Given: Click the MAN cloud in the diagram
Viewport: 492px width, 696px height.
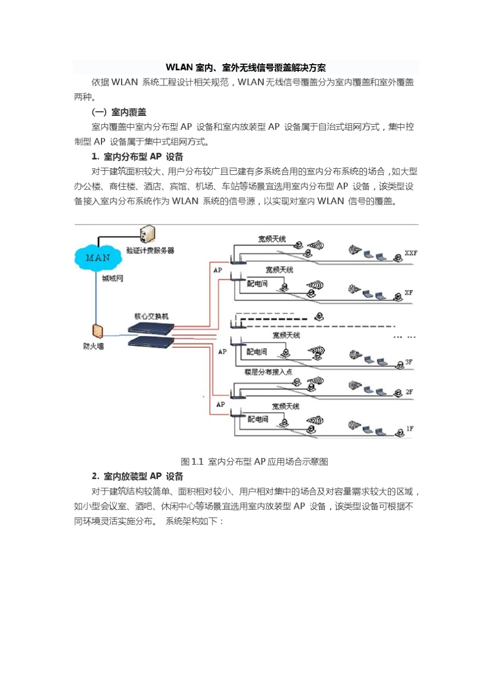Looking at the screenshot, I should pyautogui.click(x=98, y=258).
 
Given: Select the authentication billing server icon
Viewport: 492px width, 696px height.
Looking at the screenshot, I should pyautogui.click(x=147, y=234).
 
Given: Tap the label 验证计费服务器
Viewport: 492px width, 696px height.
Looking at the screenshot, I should pyautogui.click(x=150, y=250).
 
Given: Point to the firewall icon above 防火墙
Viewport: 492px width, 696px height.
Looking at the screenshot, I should pyautogui.click(x=97, y=332).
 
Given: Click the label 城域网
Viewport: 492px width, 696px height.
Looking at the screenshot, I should pyautogui.click(x=112, y=278).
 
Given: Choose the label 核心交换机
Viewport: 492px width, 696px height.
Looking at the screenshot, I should pyautogui.click(x=151, y=316).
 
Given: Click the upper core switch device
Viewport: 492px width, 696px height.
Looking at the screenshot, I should pyautogui.click(x=151, y=327).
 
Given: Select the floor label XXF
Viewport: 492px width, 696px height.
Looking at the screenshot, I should pyautogui.click(x=411, y=253).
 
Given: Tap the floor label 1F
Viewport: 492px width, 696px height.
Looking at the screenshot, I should pyautogui.click(x=410, y=428).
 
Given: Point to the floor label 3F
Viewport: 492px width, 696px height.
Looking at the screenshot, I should pyautogui.click(x=409, y=362).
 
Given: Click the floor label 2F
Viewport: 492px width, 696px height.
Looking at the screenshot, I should pyautogui.click(x=409, y=392).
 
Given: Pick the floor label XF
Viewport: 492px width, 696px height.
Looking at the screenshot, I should pyautogui.click(x=409, y=292).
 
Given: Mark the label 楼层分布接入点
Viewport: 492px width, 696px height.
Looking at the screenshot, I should pyautogui.click(x=268, y=372).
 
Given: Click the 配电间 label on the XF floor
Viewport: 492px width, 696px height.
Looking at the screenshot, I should pyautogui.click(x=257, y=284).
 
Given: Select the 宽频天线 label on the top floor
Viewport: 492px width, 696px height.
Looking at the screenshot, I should pyautogui.click(x=272, y=239).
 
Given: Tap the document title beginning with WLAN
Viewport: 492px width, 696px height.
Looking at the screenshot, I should pyautogui.click(x=245, y=68).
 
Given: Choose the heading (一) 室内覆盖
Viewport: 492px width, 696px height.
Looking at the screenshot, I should pyautogui.click(x=119, y=112).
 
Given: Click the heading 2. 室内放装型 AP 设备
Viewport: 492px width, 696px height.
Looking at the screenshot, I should pyautogui.click(x=137, y=476).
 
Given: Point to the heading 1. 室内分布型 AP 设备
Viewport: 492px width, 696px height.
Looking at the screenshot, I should pyautogui.click(x=137, y=157).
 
